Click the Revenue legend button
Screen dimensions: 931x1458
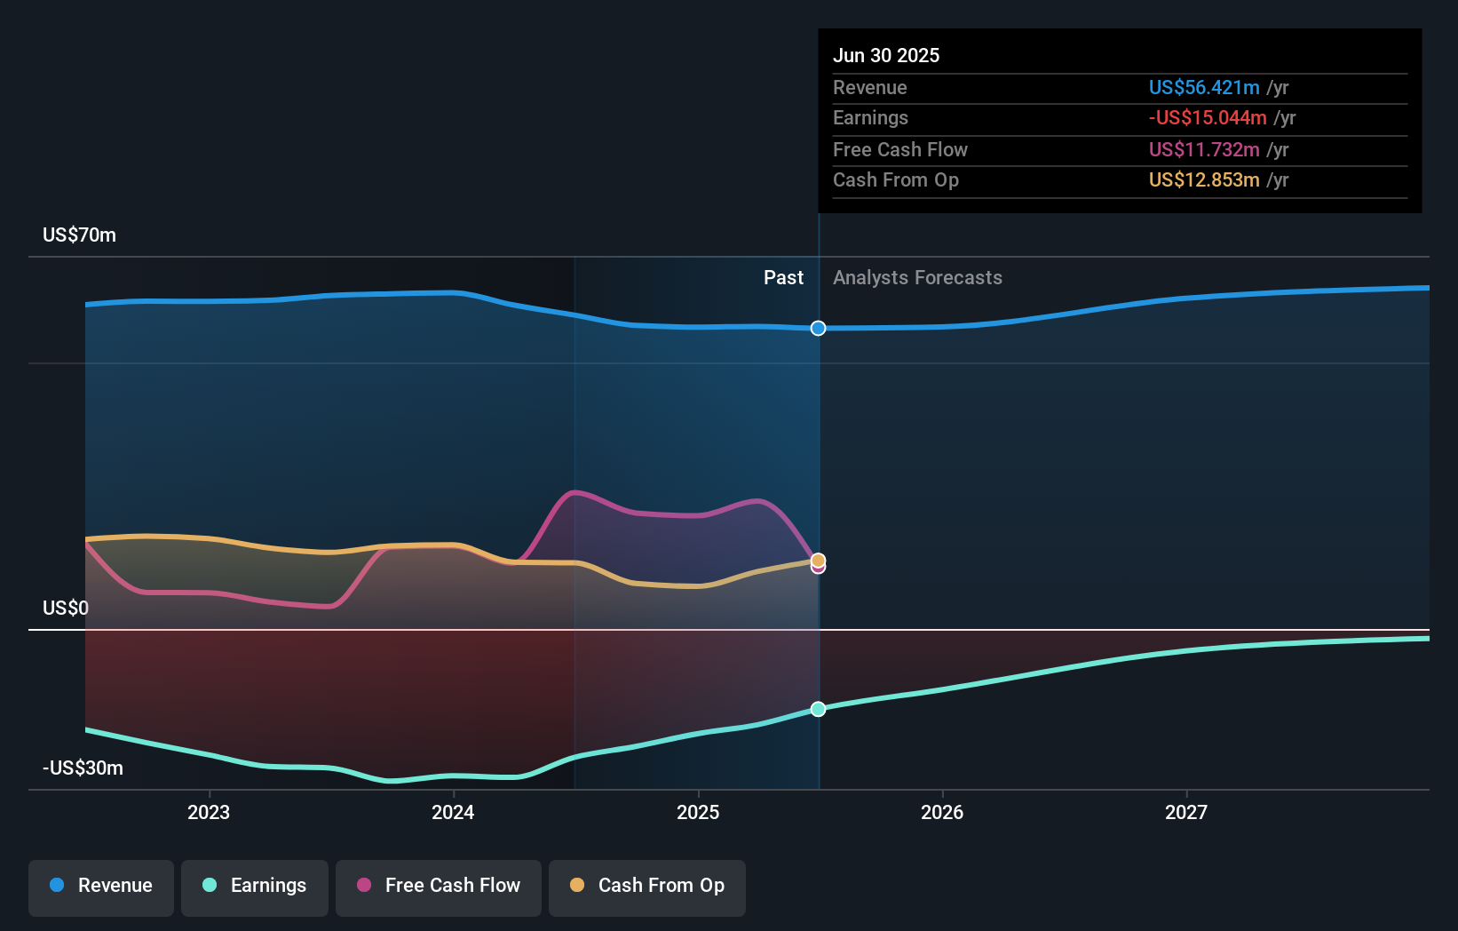coord(101,886)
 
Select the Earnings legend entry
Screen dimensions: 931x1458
coord(255,886)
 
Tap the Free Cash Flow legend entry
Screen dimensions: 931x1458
coord(439,886)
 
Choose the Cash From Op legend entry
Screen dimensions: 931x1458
coord(647,886)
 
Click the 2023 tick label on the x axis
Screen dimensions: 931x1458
coord(209,812)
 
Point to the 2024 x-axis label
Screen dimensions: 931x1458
coord(453,812)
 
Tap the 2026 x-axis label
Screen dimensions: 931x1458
coord(942,812)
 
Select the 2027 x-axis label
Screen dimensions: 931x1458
coord(1186,812)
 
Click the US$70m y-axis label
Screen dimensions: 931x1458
coord(79,235)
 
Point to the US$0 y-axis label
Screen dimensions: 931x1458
coord(66,609)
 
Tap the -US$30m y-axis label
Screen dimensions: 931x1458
coord(83,768)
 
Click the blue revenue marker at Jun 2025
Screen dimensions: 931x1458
coord(818,329)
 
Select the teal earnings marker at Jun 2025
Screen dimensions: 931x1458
coord(818,709)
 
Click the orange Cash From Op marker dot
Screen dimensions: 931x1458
coord(818,560)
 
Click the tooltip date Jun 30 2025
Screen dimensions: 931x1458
coord(885,55)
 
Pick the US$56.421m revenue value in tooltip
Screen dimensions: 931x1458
coord(1203,87)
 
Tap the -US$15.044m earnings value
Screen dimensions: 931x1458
coord(1207,118)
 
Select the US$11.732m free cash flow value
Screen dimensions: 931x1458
coord(1203,149)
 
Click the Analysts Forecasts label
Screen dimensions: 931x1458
coord(917,278)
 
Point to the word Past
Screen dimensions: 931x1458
coord(783,278)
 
